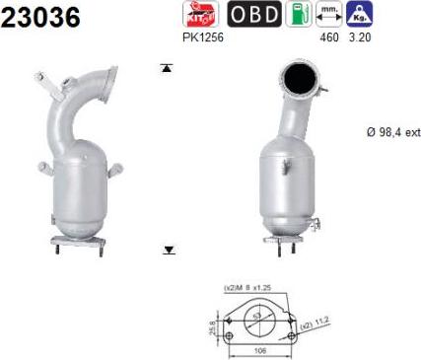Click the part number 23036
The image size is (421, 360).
41,19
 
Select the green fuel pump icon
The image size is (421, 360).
292,15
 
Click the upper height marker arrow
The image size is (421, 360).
167,68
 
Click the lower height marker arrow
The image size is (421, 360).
168,251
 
